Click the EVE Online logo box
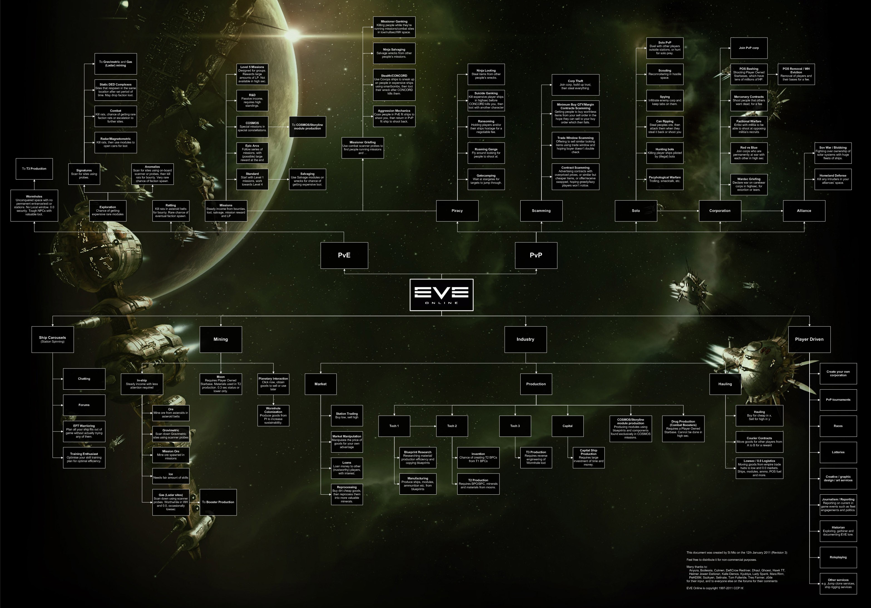click(x=441, y=295)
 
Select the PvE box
click(x=344, y=255)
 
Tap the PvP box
click(x=536, y=255)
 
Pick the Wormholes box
click(x=34, y=205)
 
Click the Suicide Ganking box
click(x=486, y=100)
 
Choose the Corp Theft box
click(x=575, y=84)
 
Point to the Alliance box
click(x=804, y=211)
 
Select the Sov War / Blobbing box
click(x=833, y=153)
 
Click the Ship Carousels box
click(x=52, y=339)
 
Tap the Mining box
click(x=221, y=339)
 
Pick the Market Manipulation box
click(x=347, y=442)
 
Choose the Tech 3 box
click(x=515, y=426)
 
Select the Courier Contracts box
click(x=759, y=442)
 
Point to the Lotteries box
click(x=838, y=452)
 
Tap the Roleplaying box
click(x=838, y=557)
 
